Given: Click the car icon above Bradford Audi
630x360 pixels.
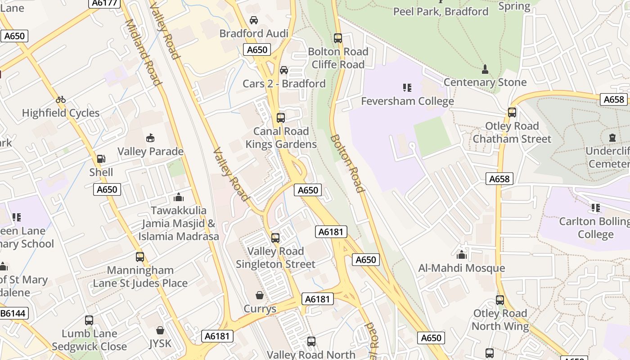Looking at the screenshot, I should pyautogui.click(x=254, y=20).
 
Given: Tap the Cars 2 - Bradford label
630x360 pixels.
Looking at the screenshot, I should pyautogui.click(x=284, y=84).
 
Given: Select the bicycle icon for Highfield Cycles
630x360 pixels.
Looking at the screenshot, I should pyautogui.click(x=61, y=99).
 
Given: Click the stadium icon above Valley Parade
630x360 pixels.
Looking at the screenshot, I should pyautogui.click(x=150, y=138).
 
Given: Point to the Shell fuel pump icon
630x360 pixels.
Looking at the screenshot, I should pyautogui.click(x=101, y=159).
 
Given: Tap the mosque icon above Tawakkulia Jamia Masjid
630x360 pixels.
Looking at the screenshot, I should pyautogui.click(x=179, y=197).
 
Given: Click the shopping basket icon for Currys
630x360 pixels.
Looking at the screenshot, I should pyautogui.click(x=260, y=295).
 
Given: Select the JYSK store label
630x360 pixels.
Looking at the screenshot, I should pyautogui.click(x=160, y=344).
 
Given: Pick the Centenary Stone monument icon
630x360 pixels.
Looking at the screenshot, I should pyautogui.click(x=485, y=69).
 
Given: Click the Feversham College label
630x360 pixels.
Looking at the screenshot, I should pyautogui.click(x=407, y=101).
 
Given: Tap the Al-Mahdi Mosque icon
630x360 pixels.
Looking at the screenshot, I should pyautogui.click(x=462, y=255).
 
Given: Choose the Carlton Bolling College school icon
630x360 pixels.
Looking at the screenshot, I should pyautogui.click(x=596, y=208).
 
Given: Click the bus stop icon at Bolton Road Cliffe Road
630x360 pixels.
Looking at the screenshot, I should pyautogui.click(x=338, y=38).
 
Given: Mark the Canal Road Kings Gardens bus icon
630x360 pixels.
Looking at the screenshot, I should pyautogui.click(x=281, y=118).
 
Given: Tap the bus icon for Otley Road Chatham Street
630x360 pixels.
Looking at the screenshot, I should pyautogui.click(x=512, y=112).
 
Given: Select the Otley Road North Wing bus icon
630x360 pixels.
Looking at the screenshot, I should pyautogui.click(x=500, y=300).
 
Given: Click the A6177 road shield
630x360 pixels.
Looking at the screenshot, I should pyautogui.click(x=104, y=3).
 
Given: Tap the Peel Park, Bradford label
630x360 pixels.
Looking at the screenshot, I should pyautogui.click(x=441, y=11).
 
